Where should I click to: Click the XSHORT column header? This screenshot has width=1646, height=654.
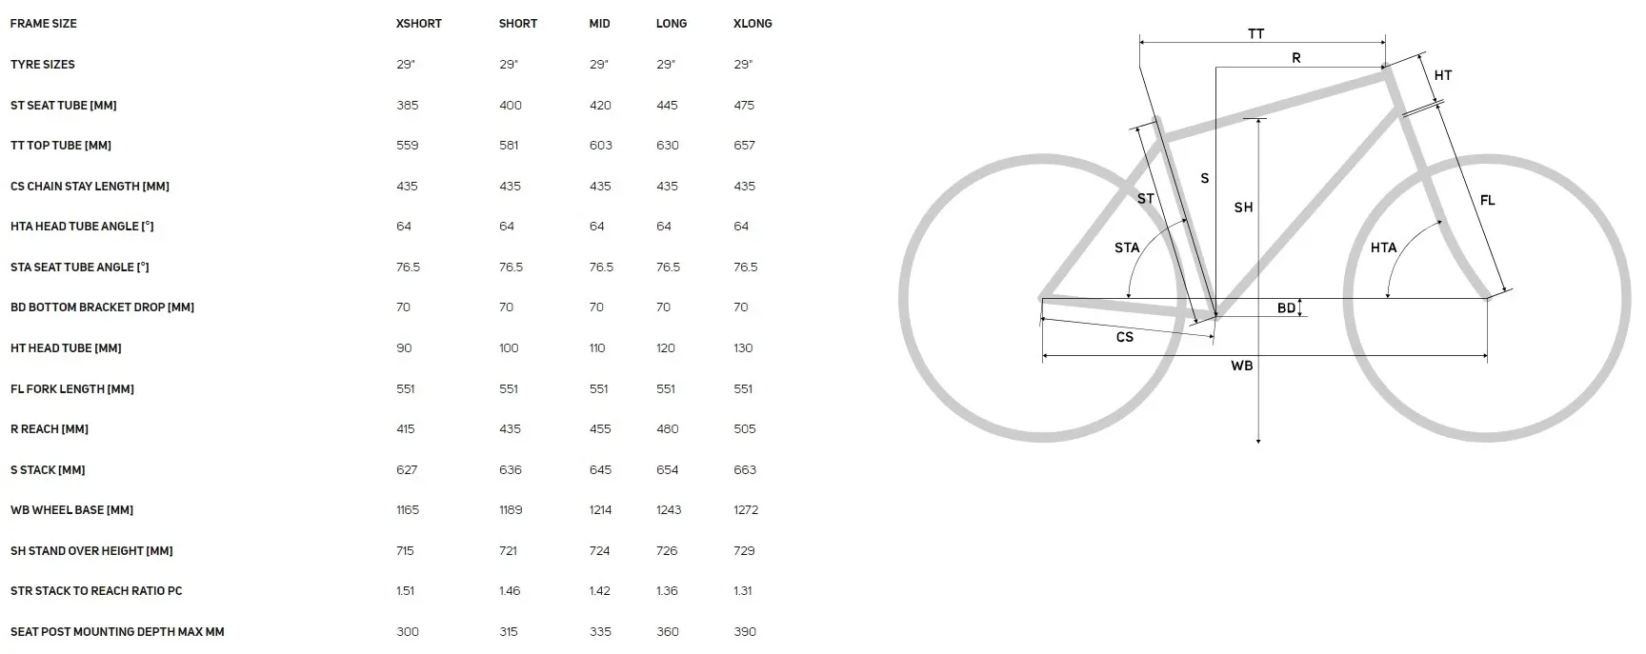419,24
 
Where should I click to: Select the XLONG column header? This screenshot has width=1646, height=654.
753,24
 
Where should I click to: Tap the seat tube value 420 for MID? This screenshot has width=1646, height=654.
600,106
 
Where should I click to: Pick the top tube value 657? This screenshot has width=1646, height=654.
744,146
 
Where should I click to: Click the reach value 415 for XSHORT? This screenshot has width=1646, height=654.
406,429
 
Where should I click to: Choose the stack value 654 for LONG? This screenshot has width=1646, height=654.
668,470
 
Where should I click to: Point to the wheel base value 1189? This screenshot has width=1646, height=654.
511,510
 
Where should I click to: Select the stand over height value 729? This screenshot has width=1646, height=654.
745,551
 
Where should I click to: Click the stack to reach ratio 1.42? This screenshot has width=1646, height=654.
600,591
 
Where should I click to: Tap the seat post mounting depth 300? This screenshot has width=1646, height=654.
408,632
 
